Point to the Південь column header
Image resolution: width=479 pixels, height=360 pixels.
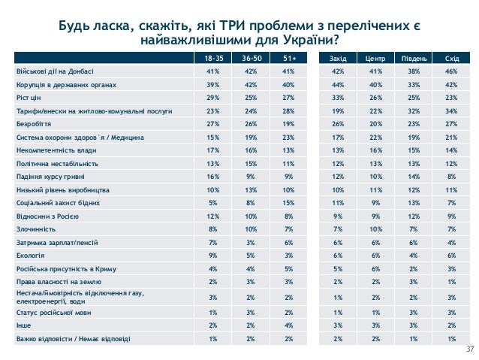[x=414, y=58]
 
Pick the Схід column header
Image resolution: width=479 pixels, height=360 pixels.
[x=452, y=58]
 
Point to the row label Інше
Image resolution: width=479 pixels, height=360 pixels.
[x=24, y=326]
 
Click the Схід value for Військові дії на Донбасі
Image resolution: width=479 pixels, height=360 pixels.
[x=452, y=71]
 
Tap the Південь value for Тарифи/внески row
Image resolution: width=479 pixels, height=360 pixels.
[x=414, y=111]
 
